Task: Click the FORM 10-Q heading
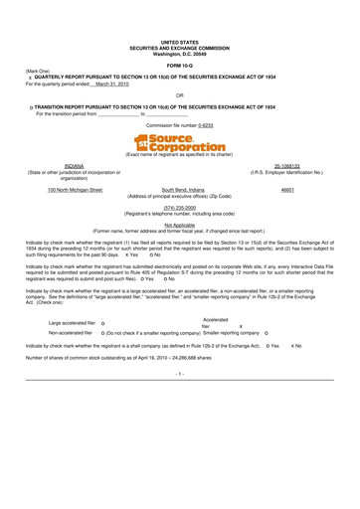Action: click(x=180, y=64)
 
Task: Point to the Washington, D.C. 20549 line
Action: click(x=180, y=53)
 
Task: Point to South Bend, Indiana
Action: click(x=181, y=188)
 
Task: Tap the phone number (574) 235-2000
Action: click(x=180, y=208)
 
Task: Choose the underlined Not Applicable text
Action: click(x=180, y=225)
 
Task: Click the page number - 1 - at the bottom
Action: click(x=180, y=373)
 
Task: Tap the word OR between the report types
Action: click(x=180, y=95)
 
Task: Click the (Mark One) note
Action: click(x=38, y=71)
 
